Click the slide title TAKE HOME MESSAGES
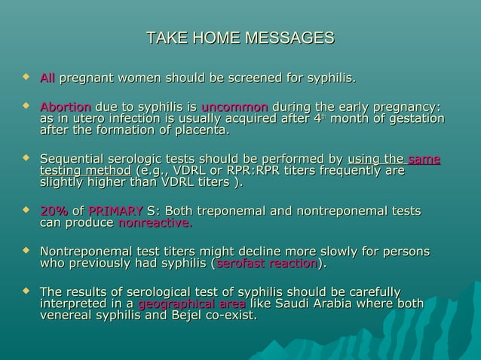(240, 38)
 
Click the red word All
(47, 78)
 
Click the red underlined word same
(424, 159)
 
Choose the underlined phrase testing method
(84, 171)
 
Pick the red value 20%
(53, 211)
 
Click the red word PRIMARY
(115, 211)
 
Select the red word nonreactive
(155, 223)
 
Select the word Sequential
(74, 159)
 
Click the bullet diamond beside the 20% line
(27, 210)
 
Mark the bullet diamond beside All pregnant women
(27, 77)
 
